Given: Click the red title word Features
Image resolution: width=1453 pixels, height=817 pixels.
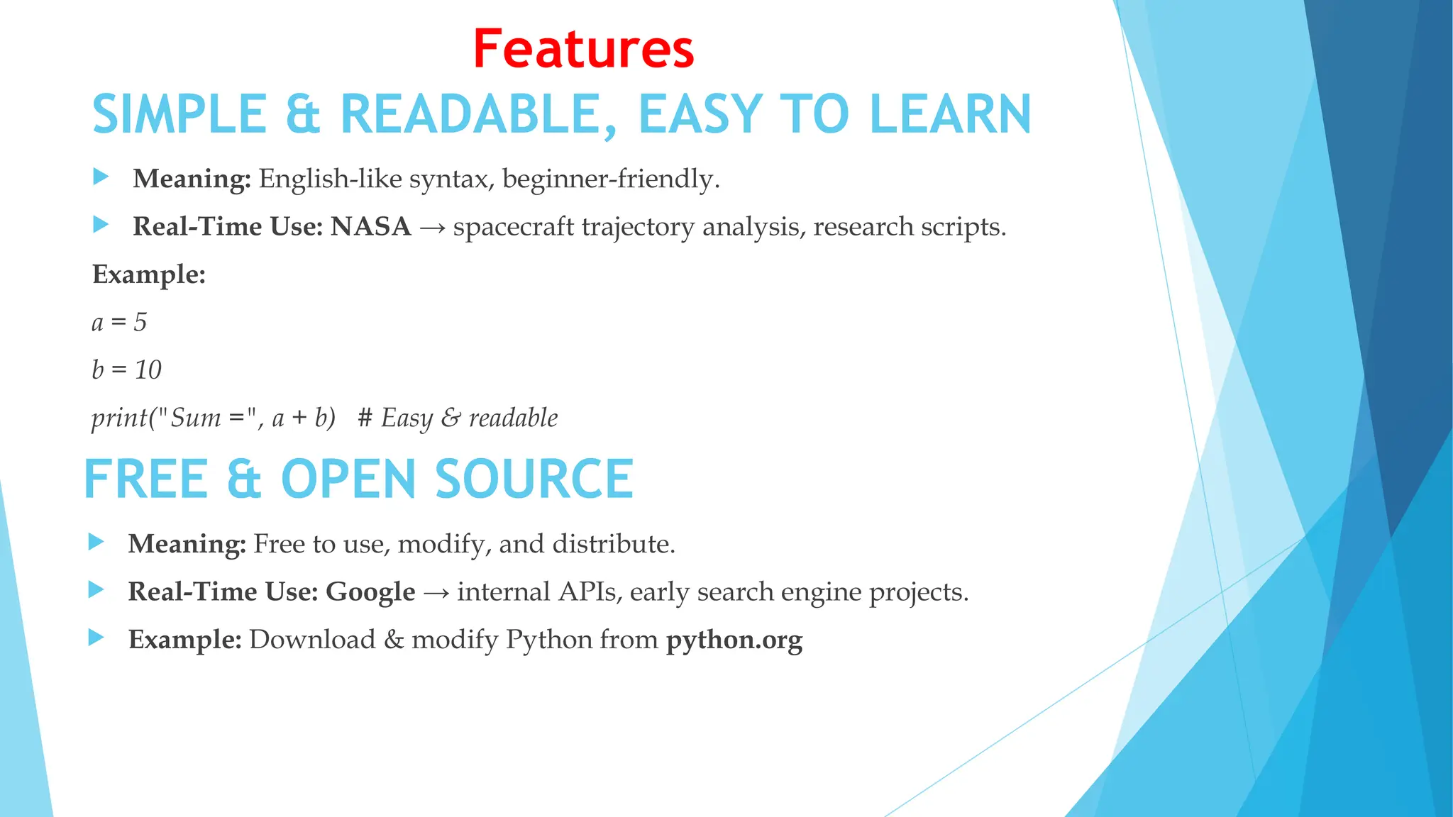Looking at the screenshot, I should tap(583, 50).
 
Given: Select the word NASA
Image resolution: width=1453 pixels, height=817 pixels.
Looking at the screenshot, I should tap(371, 227).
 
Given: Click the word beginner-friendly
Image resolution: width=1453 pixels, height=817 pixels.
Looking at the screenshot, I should tap(610, 179).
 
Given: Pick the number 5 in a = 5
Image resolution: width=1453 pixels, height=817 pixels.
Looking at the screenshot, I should tap(140, 323).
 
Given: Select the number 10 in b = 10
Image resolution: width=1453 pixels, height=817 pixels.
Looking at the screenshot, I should tap(148, 370).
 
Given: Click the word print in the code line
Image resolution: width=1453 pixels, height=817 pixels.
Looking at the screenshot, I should tap(118, 418).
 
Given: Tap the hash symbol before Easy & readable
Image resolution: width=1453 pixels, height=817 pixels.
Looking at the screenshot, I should tap(365, 418).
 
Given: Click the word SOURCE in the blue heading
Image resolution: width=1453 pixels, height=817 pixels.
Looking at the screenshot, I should tap(534, 480).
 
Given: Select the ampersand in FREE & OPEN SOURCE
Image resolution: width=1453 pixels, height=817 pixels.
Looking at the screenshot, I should tap(244, 480).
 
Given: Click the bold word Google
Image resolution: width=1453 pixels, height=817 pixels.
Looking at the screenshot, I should tap(370, 592).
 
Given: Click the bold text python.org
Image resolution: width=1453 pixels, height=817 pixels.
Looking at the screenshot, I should tap(734, 640).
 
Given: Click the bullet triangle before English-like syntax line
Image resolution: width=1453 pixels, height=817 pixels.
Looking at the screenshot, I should tap(101, 177).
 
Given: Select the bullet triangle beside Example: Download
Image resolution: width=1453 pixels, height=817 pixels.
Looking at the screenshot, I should tap(96, 638).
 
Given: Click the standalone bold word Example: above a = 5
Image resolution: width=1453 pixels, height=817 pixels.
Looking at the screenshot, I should tap(149, 274).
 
